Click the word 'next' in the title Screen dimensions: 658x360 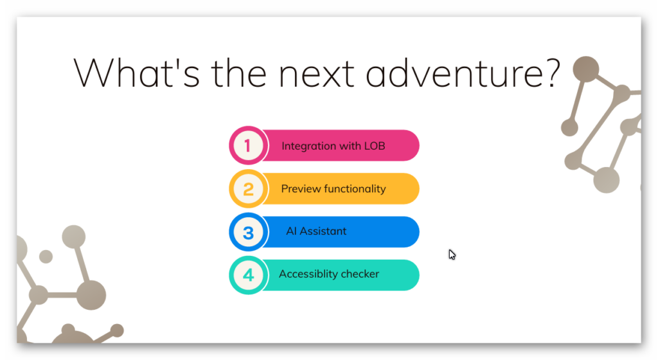[x=316, y=75]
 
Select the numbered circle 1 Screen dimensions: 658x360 [x=249, y=145]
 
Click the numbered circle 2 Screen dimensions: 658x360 [x=249, y=189]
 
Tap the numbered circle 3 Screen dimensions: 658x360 [x=249, y=232]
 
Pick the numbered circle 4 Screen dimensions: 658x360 [x=249, y=275]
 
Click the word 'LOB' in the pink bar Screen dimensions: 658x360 [x=375, y=146]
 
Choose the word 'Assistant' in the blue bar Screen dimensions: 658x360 [x=323, y=231]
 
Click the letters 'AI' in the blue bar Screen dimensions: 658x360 [x=291, y=231]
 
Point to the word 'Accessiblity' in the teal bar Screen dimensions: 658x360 [x=308, y=274]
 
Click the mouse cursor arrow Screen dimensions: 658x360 [x=452, y=255]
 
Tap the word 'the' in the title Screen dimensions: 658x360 [x=239, y=73]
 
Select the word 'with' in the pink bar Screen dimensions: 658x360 [x=350, y=146]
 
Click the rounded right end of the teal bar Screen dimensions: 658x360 [x=413, y=275]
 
